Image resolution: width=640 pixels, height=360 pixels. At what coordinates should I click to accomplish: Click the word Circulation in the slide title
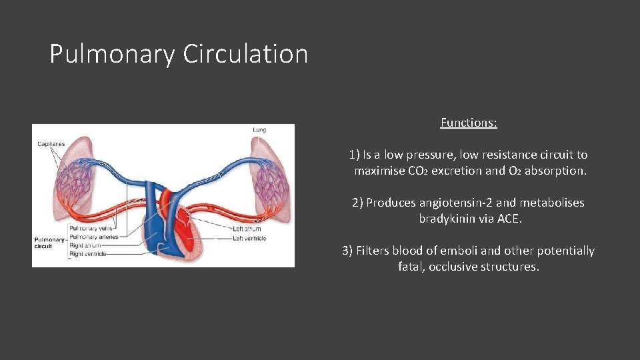click(245, 54)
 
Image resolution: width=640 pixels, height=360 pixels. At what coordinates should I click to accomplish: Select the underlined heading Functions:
click(469, 123)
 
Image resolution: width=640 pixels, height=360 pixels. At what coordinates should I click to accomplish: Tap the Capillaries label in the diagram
click(51, 144)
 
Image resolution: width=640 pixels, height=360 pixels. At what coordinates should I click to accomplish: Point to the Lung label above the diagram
click(259, 129)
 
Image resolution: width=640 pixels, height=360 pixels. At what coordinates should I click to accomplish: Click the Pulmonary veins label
click(85, 229)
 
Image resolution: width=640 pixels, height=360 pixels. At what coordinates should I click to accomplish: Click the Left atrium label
click(247, 229)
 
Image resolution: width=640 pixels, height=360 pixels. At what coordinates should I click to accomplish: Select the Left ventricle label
click(249, 238)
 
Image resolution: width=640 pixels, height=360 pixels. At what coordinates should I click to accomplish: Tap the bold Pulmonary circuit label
click(48, 243)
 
